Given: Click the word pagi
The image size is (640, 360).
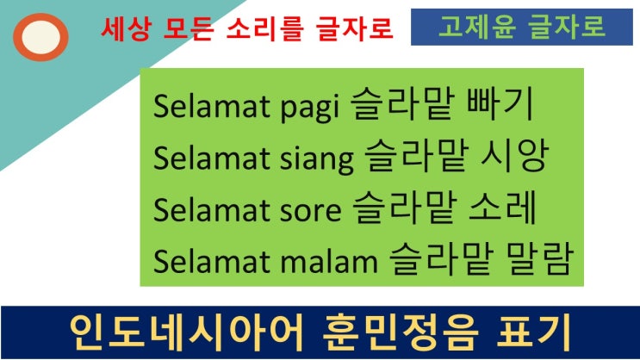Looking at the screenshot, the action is tap(310, 108).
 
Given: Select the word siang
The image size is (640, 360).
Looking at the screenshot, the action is tap(316, 159).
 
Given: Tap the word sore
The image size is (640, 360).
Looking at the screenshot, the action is tap(310, 211).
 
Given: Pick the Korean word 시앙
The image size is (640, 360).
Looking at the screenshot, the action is tap(514, 156).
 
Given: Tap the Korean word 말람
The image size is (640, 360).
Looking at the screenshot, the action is tap(538, 258).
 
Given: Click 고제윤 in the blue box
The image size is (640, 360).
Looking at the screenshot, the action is tap(476, 27).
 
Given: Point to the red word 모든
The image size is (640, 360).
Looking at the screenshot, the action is tap(188, 29).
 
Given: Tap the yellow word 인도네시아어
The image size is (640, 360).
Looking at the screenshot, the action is tap(186, 332).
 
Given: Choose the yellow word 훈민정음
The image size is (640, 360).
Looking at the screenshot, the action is tap(400, 332).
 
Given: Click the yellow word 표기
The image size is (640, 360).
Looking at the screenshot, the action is tap(533, 332).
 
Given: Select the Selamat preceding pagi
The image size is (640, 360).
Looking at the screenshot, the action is tap(211, 106).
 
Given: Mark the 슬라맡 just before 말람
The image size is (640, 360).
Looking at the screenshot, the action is tap(442, 258).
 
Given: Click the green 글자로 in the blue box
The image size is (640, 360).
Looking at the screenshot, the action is tap(566, 27).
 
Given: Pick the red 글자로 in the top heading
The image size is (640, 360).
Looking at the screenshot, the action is tap(355, 29).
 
